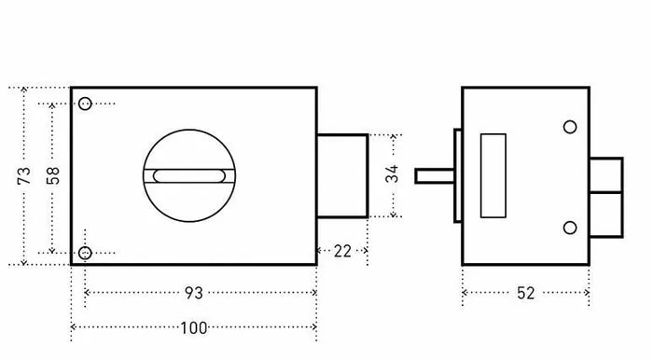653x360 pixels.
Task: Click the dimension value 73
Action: point(24,175)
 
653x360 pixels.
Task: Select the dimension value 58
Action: point(53,175)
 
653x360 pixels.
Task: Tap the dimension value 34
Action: point(392,174)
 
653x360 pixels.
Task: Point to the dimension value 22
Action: point(342,252)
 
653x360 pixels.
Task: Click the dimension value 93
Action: point(194,293)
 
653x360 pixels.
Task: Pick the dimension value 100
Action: point(194,328)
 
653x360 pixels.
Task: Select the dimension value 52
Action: point(525,294)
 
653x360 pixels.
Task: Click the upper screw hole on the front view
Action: point(85,104)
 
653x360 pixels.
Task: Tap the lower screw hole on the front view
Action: point(85,253)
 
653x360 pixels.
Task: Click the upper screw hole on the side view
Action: point(570,127)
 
